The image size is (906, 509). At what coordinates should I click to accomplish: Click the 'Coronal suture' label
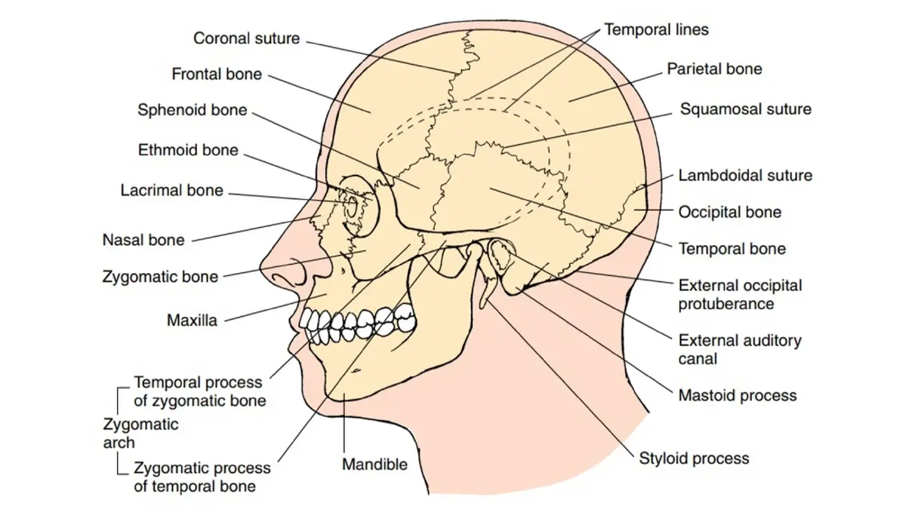246,38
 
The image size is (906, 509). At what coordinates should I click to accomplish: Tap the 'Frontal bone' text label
217,74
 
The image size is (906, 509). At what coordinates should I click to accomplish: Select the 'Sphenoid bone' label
192,110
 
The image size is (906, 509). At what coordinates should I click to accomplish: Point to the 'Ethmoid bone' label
188,150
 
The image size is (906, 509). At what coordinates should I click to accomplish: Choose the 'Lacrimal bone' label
172,190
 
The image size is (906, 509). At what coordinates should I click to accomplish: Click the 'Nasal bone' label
143,240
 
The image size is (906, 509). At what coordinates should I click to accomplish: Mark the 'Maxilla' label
192,320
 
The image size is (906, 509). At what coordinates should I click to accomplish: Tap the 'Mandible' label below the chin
375,465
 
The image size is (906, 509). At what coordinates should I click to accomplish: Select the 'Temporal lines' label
656,29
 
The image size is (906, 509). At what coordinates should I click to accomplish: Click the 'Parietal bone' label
714,69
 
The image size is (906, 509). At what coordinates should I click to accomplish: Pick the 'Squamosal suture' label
746,109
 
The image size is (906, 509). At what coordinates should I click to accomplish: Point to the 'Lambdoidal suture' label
745,175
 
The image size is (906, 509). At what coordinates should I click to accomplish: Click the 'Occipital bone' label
730,212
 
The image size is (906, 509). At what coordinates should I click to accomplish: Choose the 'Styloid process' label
694,458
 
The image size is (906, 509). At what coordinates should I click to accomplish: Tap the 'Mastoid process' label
738,395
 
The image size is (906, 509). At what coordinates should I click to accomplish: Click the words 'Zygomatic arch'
140,434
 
